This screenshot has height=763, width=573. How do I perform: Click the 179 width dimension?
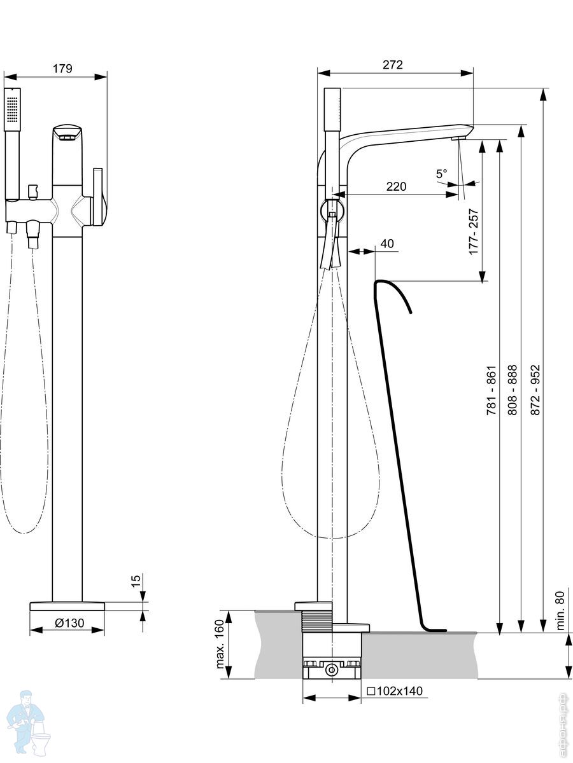click(62, 69)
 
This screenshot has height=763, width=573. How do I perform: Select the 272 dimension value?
click(393, 65)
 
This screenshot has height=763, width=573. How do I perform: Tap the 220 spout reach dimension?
click(396, 186)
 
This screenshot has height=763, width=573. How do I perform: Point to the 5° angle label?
click(441, 173)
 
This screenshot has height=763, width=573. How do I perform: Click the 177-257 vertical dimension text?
click(473, 231)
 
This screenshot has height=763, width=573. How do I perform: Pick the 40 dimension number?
click(386, 244)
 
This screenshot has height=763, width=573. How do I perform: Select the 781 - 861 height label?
click(491, 390)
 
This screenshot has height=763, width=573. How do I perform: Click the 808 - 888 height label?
click(512, 390)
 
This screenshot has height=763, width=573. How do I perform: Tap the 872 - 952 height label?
click(535, 390)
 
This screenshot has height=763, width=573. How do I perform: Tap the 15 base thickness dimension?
click(135, 581)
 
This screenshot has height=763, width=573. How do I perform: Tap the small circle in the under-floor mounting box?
click(331, 670)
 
